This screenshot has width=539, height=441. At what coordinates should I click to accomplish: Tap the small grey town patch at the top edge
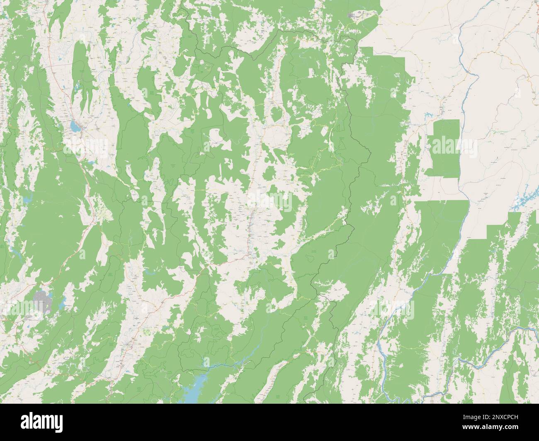[x=356, y=16]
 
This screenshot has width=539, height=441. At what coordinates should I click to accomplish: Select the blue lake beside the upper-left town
[x=75, y=126]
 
